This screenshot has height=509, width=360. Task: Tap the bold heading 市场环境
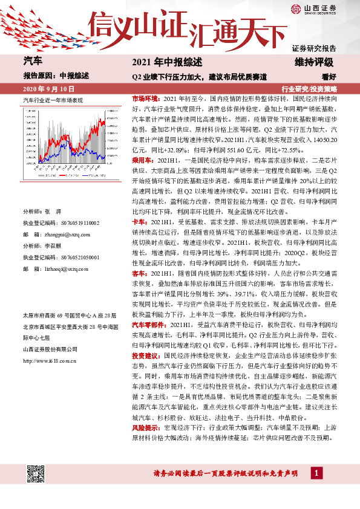point(145,97)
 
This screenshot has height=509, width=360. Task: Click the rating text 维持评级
point(315,62)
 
